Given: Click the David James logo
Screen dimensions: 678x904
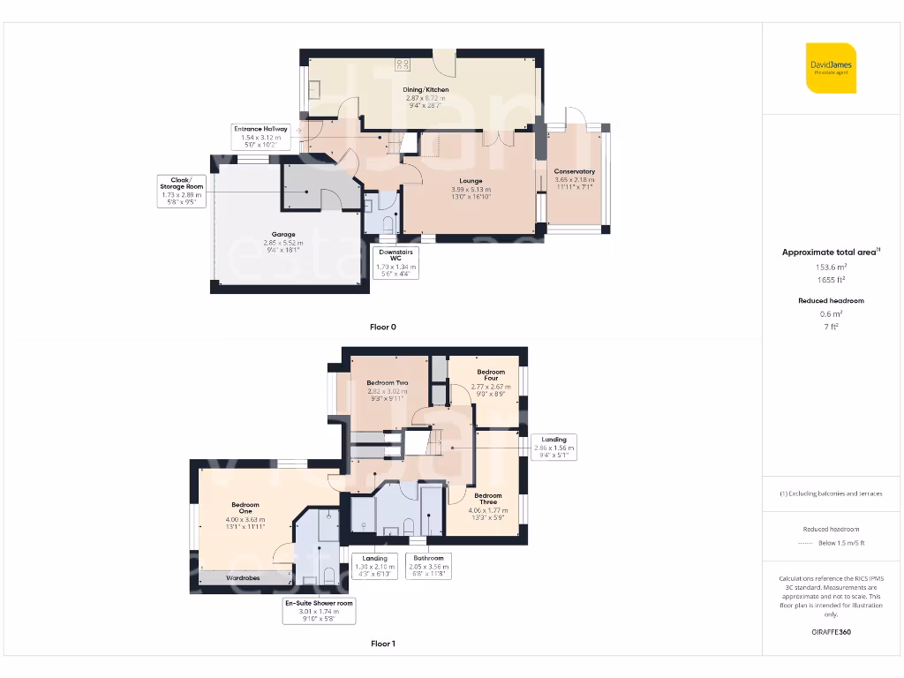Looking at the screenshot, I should pyautogui.click(x=831, y=68).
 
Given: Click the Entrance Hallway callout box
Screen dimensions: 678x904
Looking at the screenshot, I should pyautogui.click(x=260, y=134).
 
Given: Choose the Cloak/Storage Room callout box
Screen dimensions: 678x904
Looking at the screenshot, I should pyautogui.click(x=181, y=191).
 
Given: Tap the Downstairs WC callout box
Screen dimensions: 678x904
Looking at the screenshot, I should pyautogui.click(x=395, y=262).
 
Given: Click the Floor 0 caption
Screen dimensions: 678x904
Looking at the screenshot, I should pyautogui.click(x=382, y=327).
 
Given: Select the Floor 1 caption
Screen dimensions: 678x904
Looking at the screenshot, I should pyautogui.click(x=382, y=644).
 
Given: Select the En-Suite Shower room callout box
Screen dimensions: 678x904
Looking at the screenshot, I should pyautogui.click(x=319, y=611).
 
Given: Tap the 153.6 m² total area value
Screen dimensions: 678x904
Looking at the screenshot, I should pyautogui.click(x=830, y=266).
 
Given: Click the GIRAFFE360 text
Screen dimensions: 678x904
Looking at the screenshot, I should pyautogui.click(x=830, y=632).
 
